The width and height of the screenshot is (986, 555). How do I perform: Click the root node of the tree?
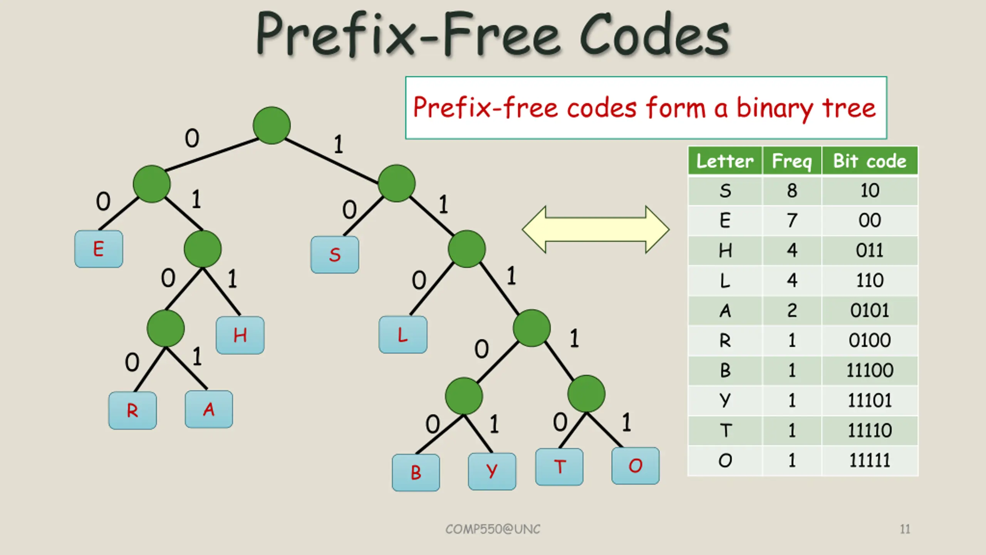(272, 125)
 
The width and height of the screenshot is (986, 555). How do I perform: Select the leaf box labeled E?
(99, 249)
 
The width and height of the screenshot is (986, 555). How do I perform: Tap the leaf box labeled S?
(335, 254)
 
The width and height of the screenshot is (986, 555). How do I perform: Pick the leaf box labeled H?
(240, 335)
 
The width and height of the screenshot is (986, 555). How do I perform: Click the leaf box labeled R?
(132, 410)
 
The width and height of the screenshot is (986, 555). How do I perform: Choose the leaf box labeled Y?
(492, 471)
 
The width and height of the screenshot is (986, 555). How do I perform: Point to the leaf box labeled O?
(635, 466)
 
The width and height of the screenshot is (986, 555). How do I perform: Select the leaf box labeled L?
(402, 335)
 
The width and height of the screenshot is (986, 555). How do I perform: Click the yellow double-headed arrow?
(595, 229)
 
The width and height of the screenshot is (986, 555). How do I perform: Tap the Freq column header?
(791, 161)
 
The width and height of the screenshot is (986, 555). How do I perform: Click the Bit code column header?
(870, 161)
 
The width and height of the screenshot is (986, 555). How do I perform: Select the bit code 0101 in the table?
(870, 311)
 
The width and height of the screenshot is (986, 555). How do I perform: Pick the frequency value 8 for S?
(792, 190)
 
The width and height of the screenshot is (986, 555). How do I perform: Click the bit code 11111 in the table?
(870, 461)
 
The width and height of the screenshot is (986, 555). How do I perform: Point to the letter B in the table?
(725, 370)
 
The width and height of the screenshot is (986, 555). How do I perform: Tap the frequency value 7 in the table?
(792, 220)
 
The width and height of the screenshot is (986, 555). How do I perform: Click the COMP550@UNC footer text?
(493, 529)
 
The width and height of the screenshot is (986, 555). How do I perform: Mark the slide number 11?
(905, 529)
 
